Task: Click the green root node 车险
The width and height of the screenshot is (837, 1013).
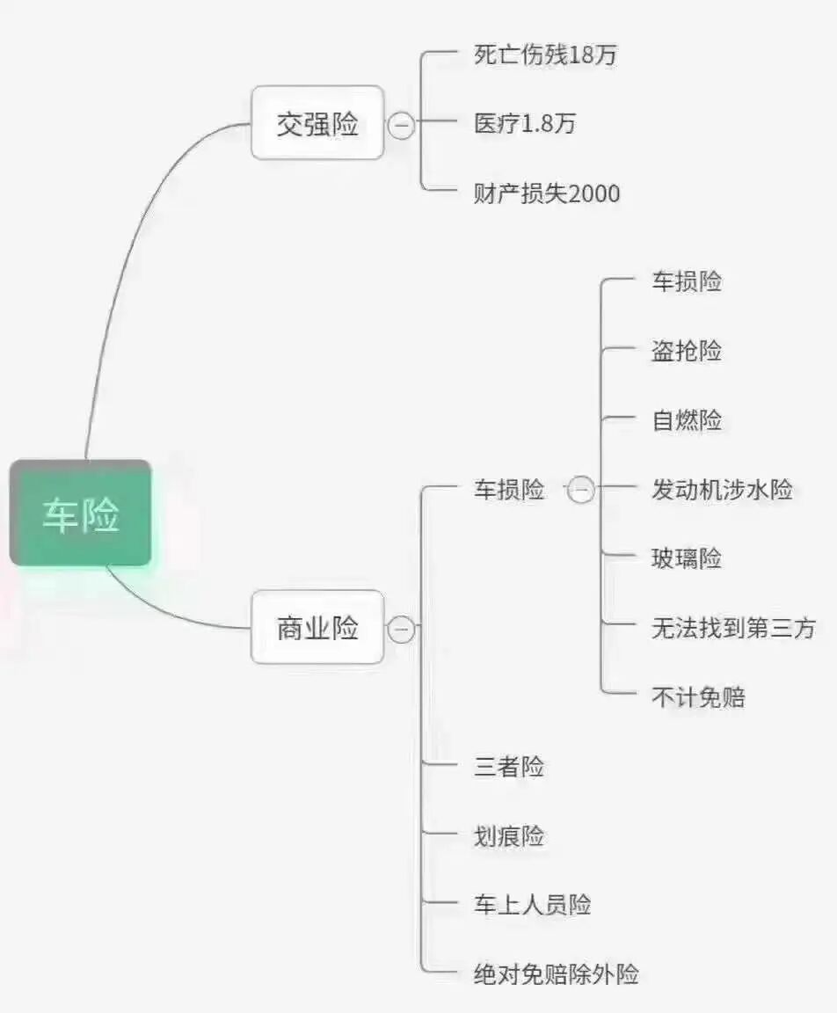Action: [x=81, y=514]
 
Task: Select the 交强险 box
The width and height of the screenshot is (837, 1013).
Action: [x=317, y=123]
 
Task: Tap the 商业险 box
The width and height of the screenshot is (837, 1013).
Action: [x=317, y=627]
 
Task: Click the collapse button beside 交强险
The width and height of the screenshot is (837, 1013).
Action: [x=402, y=125]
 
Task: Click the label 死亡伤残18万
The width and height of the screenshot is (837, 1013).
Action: [x=545, y=55]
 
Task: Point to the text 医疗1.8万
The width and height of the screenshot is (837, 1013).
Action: [x=525, y=124]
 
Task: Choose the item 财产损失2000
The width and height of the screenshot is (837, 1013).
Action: [x=547, y=193]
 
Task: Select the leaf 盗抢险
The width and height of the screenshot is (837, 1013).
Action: [x=687, y=351]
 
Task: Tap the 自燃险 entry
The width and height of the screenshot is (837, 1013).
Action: [x=687, y=420]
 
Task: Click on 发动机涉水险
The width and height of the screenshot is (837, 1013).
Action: [x=722, y=489]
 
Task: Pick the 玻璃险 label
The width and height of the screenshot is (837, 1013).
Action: [x=687, y=558]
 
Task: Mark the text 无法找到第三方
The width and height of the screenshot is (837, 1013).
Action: [x=733, y=628]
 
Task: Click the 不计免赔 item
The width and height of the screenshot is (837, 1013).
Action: [x=698, y=697]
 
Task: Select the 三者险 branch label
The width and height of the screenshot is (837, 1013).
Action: [x=509, y=767]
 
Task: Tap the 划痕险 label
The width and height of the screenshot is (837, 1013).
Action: [x=509, y=835]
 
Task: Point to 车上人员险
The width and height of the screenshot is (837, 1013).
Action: [x=533, y=905]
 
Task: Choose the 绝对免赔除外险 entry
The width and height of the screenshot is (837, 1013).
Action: [x=557, y=973]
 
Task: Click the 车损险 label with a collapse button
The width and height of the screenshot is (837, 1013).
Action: [x=509, y=489]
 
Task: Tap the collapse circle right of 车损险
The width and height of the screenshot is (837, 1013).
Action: [x=581, y=490]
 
